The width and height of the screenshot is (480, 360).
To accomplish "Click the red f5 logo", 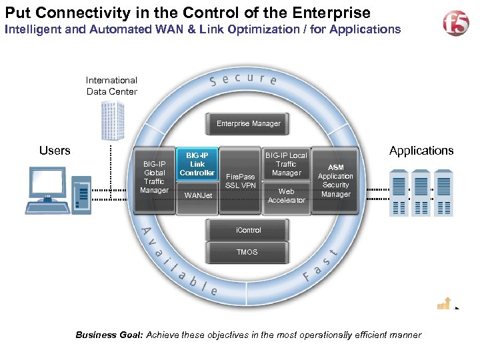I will [x=456, y=23].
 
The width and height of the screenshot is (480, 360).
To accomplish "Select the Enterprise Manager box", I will [x=248, y=123].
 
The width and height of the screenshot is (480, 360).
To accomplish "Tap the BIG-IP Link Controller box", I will [x=197, y=165].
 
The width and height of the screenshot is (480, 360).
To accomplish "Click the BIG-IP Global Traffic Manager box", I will [x=154, y=177].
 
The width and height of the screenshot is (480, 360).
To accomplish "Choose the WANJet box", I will [x=198, y=196].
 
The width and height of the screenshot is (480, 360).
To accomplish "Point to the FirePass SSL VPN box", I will [x=241, y=181].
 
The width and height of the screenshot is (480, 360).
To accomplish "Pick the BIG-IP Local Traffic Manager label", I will [x=286, y=164].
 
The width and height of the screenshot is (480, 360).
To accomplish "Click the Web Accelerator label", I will [x=287, y=195].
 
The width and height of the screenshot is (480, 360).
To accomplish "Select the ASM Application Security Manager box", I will [x=335, y=181].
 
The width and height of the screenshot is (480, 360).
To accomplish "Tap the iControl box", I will [x=248, y=231].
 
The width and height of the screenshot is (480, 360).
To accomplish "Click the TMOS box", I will [x=248, y=252].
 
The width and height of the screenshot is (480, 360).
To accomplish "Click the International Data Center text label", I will [x=111, y=86].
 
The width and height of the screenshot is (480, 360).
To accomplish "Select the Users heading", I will [x=55, y=151].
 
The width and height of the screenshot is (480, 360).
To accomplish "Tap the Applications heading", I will [x=421, y=151].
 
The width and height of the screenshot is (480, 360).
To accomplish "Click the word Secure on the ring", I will [x=243, y=79].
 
